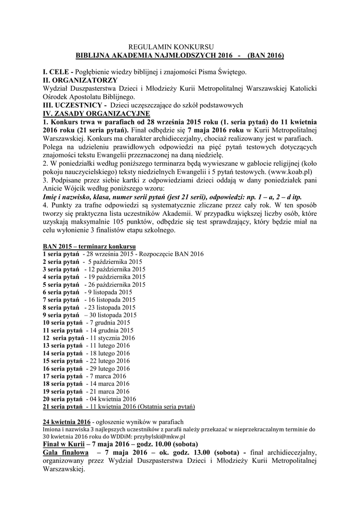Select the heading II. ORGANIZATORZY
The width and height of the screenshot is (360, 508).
[x=80, y=80]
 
